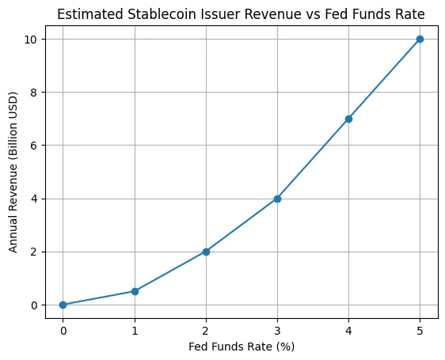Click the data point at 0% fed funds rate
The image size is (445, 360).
pos(63,305)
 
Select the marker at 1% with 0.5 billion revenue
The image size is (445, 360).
pos(135,291)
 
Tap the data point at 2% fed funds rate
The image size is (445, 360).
pos(206,252)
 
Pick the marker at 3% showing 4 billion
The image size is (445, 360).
pos(277,199)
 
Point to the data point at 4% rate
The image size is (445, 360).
pos(348,119)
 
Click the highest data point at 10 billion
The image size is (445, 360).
pos(420,39)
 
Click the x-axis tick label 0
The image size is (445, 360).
pos(63,329)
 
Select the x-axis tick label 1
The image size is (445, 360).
pos(135,329)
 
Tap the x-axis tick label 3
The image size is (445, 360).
pos(277,329)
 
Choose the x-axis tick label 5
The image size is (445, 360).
pos(420,329)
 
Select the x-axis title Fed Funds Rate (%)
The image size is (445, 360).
pos(242,346)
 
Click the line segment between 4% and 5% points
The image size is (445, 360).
pos(384,79)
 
